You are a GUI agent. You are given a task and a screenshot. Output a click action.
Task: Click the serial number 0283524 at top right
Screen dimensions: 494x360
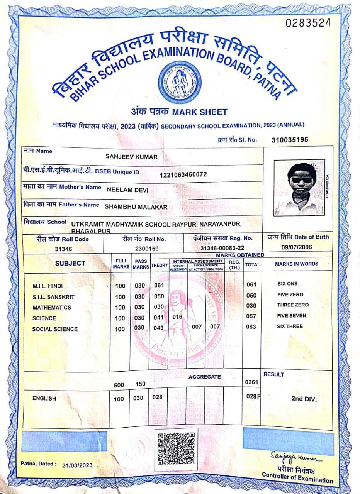(x=308, y=23)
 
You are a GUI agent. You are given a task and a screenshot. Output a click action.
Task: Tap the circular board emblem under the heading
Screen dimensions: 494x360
(x=180, y=81)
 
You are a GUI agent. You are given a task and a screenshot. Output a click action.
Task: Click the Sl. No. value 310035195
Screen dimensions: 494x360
(x=290, y=140)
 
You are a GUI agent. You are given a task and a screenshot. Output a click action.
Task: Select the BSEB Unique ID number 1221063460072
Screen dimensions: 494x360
(x=183, y=174)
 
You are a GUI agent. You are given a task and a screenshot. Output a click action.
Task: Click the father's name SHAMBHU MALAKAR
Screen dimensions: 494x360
(x=136, y=207)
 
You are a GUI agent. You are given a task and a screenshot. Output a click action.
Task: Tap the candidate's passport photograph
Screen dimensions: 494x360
(x=299, y=188)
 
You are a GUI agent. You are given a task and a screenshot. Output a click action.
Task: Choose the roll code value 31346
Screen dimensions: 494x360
(x=64, y=249)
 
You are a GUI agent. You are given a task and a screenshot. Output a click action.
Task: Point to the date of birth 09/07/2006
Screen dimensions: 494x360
(x=297, y=247)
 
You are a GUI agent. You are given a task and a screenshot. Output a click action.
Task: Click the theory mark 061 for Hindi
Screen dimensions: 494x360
(x=159, y=285)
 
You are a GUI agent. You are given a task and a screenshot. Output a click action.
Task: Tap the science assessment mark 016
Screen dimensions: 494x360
(x=177, y=317)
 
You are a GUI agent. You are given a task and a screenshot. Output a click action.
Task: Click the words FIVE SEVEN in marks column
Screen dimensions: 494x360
(x=291, y=316)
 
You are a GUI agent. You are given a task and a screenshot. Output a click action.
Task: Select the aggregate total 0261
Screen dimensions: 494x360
(x=251, y=382)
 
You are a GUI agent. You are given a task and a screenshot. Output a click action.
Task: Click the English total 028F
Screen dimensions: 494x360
(x=253, y=396)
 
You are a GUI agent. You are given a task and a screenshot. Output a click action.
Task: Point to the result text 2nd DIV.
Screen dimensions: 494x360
(x=304, y=399)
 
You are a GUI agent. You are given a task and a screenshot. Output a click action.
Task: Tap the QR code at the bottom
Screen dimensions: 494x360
(x=176, y=448)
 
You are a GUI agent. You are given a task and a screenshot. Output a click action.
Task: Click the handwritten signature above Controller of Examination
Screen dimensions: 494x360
(x=295, y=458)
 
